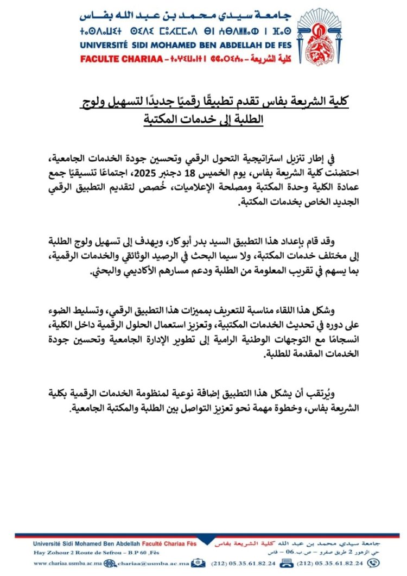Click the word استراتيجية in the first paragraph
pyautogui.click(x=266, y=159)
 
